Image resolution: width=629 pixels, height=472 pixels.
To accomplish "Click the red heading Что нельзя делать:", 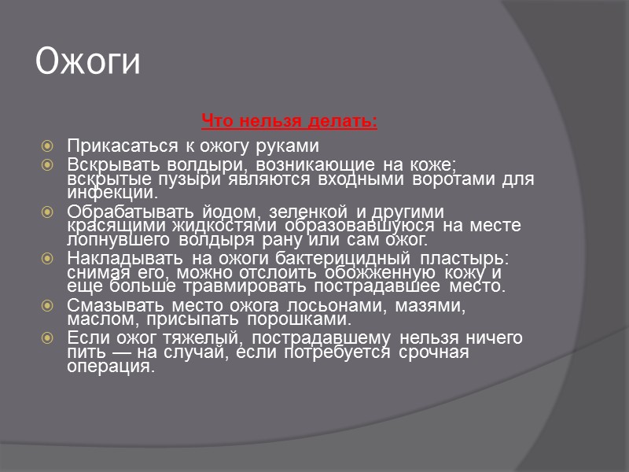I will [x=289, y=121].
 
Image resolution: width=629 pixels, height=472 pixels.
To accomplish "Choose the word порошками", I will [x=298, y=319].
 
